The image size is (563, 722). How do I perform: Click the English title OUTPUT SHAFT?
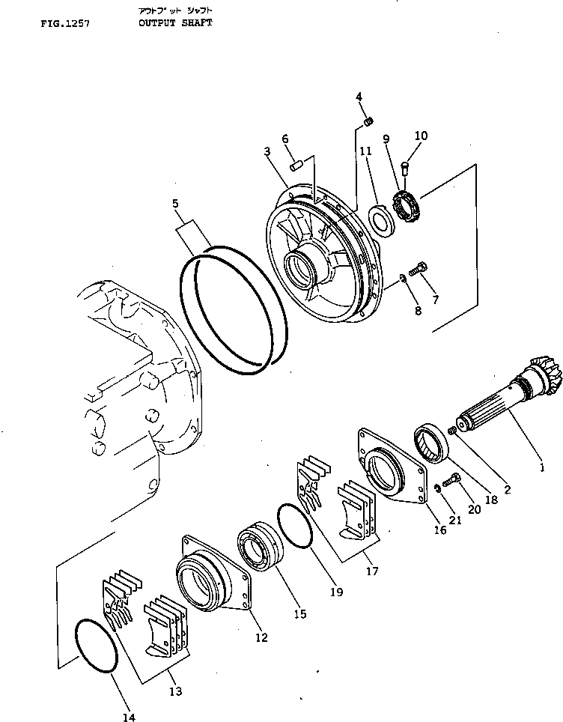point(175,23)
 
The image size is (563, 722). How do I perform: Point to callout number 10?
point(421,136)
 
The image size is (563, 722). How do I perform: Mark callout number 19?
point(335,592)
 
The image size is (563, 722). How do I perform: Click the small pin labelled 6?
point(296,164)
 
